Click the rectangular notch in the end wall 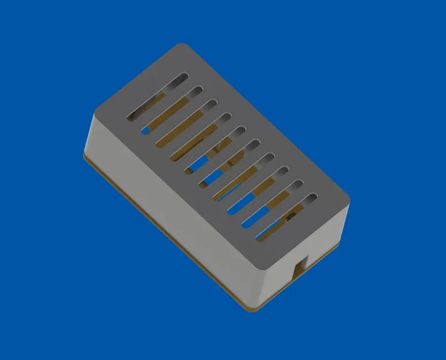click(300, 266)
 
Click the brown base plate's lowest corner click(251, 310)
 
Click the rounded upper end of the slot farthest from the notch click(184, 76)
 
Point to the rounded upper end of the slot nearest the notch click(312, 197)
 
